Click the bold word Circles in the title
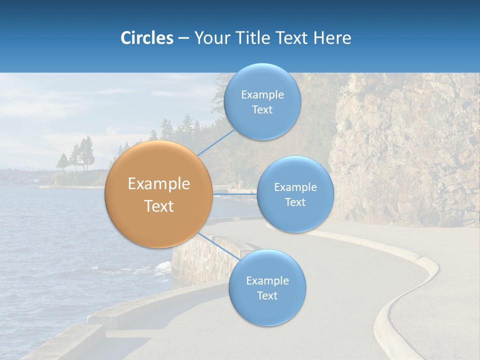[x=146, y=38]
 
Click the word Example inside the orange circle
[x=158, y=184]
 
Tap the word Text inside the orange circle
[x=158, y=206]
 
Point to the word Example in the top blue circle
[x=262, y=95]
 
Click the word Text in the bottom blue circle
[x=267, y=295]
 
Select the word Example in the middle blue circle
[x=295, y=187]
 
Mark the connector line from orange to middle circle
[x=235, y=193]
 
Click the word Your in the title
[x=210, y=38]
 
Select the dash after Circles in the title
[x=183, y=38]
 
